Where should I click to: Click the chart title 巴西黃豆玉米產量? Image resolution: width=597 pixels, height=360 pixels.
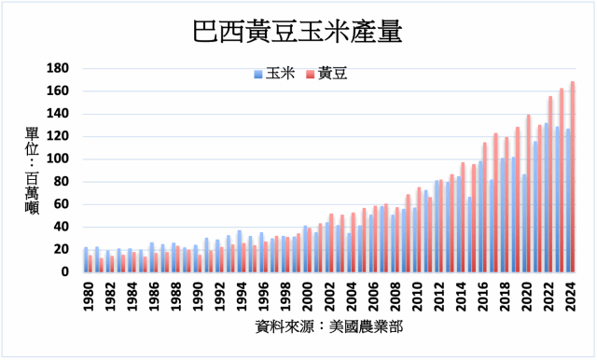click(298, 32)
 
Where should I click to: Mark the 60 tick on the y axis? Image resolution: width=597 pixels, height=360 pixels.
click(62, 203)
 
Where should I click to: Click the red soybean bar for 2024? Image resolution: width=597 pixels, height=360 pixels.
click(573, 177)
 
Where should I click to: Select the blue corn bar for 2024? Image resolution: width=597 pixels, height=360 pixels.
click(567, 201)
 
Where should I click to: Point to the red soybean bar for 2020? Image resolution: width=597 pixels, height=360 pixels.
click(529, 194)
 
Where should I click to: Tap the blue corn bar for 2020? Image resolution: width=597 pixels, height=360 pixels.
click(523, 223)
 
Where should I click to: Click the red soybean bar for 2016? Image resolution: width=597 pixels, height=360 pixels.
click(485, 207)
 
